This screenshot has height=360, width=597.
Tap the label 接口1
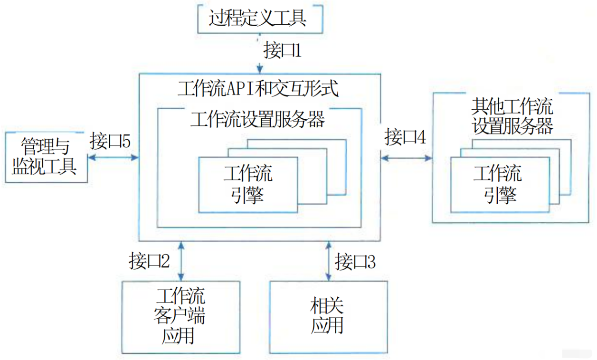pyautogui.click(x=283, y=50)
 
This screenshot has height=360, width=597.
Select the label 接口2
pyautogui.click(x=149, y=261)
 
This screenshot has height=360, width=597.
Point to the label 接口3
pyautogui.click(x=355, y=261)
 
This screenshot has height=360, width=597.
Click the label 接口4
pyautogui.click(x=405, y=137)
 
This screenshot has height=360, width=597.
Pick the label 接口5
pyautogui.click(x=110, y=141)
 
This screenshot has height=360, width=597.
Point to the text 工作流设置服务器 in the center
pyautogui.click(x=257, y=119)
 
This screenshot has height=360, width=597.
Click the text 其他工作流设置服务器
pyautogui.click(x=512, y=116)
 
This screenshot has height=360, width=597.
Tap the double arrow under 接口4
pyautogui.click(x=406, y=157)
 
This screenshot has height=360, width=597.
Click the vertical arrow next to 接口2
pyautogui.click(x=180, y=261)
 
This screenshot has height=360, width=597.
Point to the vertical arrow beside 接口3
pyautogui.click(x=328, y=261)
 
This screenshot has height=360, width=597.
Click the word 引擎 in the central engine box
pyautogui.click(x=248, y=195)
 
